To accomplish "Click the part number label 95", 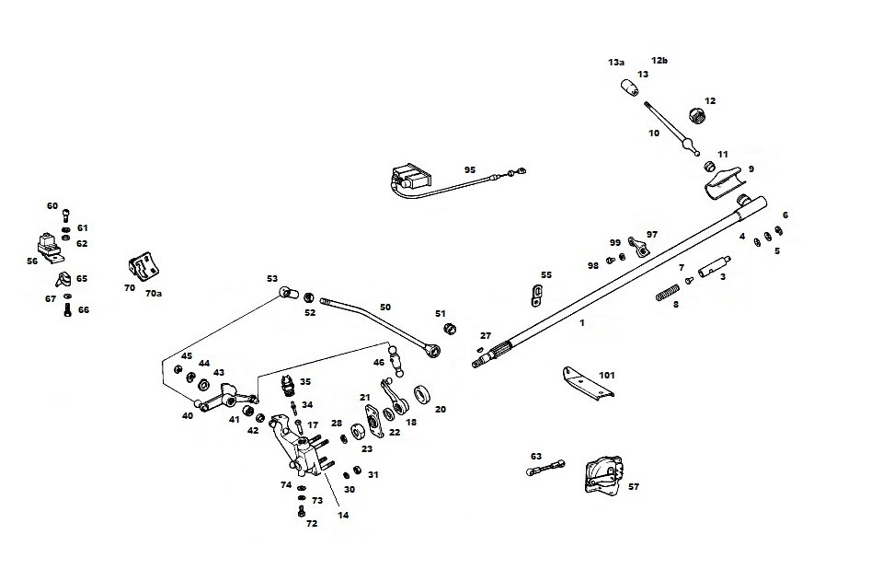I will click(x=469, y=169).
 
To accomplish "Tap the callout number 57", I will click(x=633, y=486).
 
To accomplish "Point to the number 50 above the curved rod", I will click(x=384, y=307).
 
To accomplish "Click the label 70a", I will click(x=154, y=295).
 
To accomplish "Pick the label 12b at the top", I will click(x=659, y=61).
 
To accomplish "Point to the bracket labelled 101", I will click(x=588, y=381).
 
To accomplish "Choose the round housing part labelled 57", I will click(x=600, y=475).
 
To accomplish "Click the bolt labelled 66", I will click(x=70, y=311).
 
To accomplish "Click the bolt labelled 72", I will click(x=301, y=510).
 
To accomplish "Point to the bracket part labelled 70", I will click(x=143, y=268).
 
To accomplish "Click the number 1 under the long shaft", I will click(x=580, y=323).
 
